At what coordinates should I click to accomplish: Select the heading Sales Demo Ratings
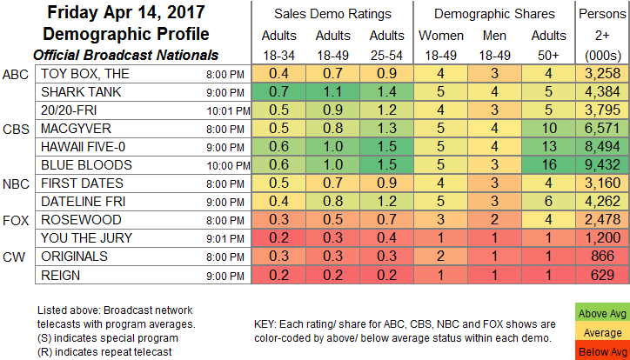(327, 14)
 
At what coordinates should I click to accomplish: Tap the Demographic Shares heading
(497, 14)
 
